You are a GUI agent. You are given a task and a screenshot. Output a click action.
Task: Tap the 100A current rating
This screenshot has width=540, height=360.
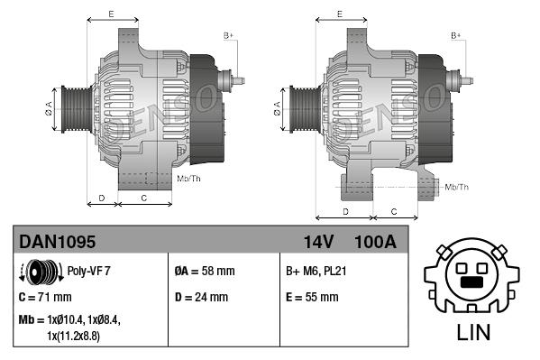point(376,241)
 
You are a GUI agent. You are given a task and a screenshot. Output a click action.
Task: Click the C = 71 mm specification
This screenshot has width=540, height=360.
point(45,296)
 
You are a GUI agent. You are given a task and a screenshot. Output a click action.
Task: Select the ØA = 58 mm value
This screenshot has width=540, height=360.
point(204,270)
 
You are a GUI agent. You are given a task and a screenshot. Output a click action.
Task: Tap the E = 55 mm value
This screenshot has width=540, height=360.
point(312,296)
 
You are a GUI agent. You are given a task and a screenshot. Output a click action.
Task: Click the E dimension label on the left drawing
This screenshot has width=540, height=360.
point(111,14)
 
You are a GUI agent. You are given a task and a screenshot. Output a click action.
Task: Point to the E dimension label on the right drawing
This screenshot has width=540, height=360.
point(339,14)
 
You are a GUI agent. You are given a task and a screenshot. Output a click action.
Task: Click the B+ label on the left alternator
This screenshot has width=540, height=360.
point(229,35)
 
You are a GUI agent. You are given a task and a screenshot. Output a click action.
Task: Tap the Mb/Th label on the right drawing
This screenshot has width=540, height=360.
point(456,187)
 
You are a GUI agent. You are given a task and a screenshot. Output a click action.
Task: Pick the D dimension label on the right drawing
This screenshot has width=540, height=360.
point(345,211)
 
